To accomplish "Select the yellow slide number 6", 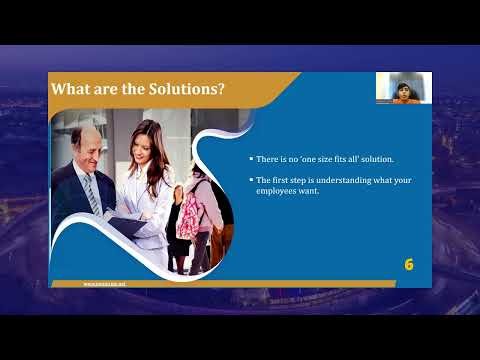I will (409, 265).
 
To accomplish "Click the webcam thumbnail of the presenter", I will (403, 88).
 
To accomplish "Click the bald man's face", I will (85, 146).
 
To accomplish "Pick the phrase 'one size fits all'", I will (321, 160).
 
